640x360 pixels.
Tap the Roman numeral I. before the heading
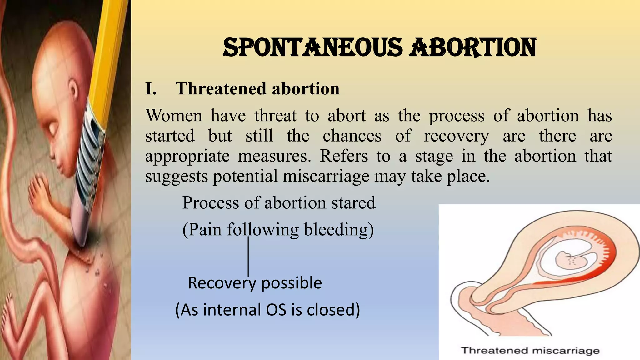(151, 89)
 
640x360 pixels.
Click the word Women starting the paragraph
(174, 116)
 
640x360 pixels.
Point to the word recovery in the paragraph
(456, 136)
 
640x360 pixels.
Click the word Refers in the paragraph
(343, 156)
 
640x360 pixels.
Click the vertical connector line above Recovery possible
(248, 256)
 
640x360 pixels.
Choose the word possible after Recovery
(291, 283)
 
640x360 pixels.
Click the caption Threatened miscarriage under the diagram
(530, 351)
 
